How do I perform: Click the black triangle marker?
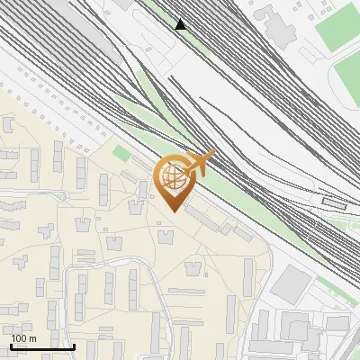pos(181,24)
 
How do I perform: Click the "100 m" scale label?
pos(22,338)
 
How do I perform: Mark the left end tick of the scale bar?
pos(11,345)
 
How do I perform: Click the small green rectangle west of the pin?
pos(121,154)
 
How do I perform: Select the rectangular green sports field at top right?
pos(338,27)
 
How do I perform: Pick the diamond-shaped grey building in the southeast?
pos(291,285)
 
